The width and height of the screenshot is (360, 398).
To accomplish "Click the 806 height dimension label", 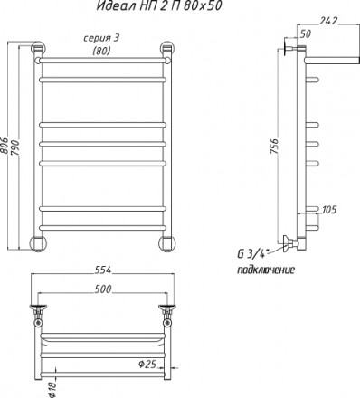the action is (4, 147).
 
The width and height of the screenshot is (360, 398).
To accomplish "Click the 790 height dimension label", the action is (15, 147).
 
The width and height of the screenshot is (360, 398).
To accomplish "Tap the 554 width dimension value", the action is (103, 270).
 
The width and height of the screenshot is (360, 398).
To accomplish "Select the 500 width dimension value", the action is (103, 289).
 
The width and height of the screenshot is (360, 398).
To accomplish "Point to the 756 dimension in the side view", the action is (274, 147).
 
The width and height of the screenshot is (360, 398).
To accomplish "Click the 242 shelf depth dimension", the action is (328, 21).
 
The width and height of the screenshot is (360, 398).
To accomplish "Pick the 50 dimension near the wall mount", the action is (306, 34).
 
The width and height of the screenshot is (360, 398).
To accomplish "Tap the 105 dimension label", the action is (329, 210).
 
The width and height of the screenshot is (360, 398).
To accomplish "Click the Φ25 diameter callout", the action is (147, 365).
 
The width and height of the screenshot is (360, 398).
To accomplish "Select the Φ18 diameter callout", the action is (52, 389).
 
